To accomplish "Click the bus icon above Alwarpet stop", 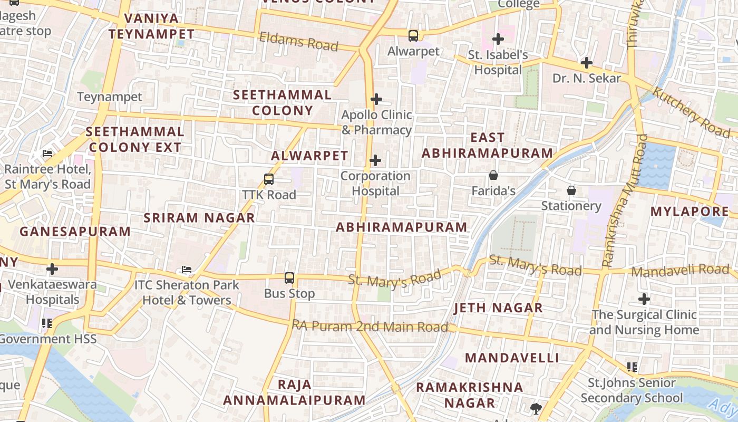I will point(413,36).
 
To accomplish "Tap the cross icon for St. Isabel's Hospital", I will point(498,39).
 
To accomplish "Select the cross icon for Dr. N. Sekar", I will point(586,63).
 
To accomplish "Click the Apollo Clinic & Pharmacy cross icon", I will point(376,99).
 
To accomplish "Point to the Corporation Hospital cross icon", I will point(375,160).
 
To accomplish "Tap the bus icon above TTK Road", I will point(269,179).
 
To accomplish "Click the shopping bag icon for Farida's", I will point(493,175).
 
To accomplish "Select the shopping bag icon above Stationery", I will point(571,190).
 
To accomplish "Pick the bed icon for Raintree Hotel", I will point(47,154).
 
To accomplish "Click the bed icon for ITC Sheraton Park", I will point(186,270).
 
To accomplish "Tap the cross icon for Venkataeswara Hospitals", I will point(52,269).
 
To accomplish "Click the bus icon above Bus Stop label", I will point(289,278).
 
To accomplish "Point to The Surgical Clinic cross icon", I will point(644,299).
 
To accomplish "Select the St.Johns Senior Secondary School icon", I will point(632,367).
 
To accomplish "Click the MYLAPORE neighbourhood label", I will point(690,212).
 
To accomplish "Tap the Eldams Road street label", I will point(298,41).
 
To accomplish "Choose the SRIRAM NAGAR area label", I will point(199,217).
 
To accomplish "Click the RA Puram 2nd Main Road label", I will point(370,327).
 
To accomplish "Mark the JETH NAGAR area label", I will point(498,308).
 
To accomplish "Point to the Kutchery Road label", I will point(691,112).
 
